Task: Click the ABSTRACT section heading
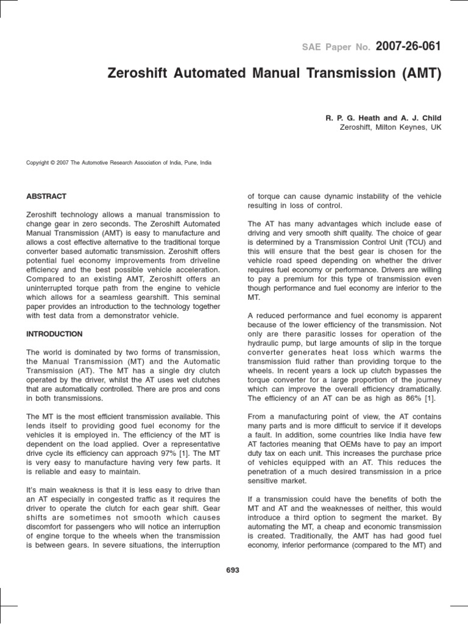coord(46,197)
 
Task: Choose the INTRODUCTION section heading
coord(54,334)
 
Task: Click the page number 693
coord(233,570)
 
